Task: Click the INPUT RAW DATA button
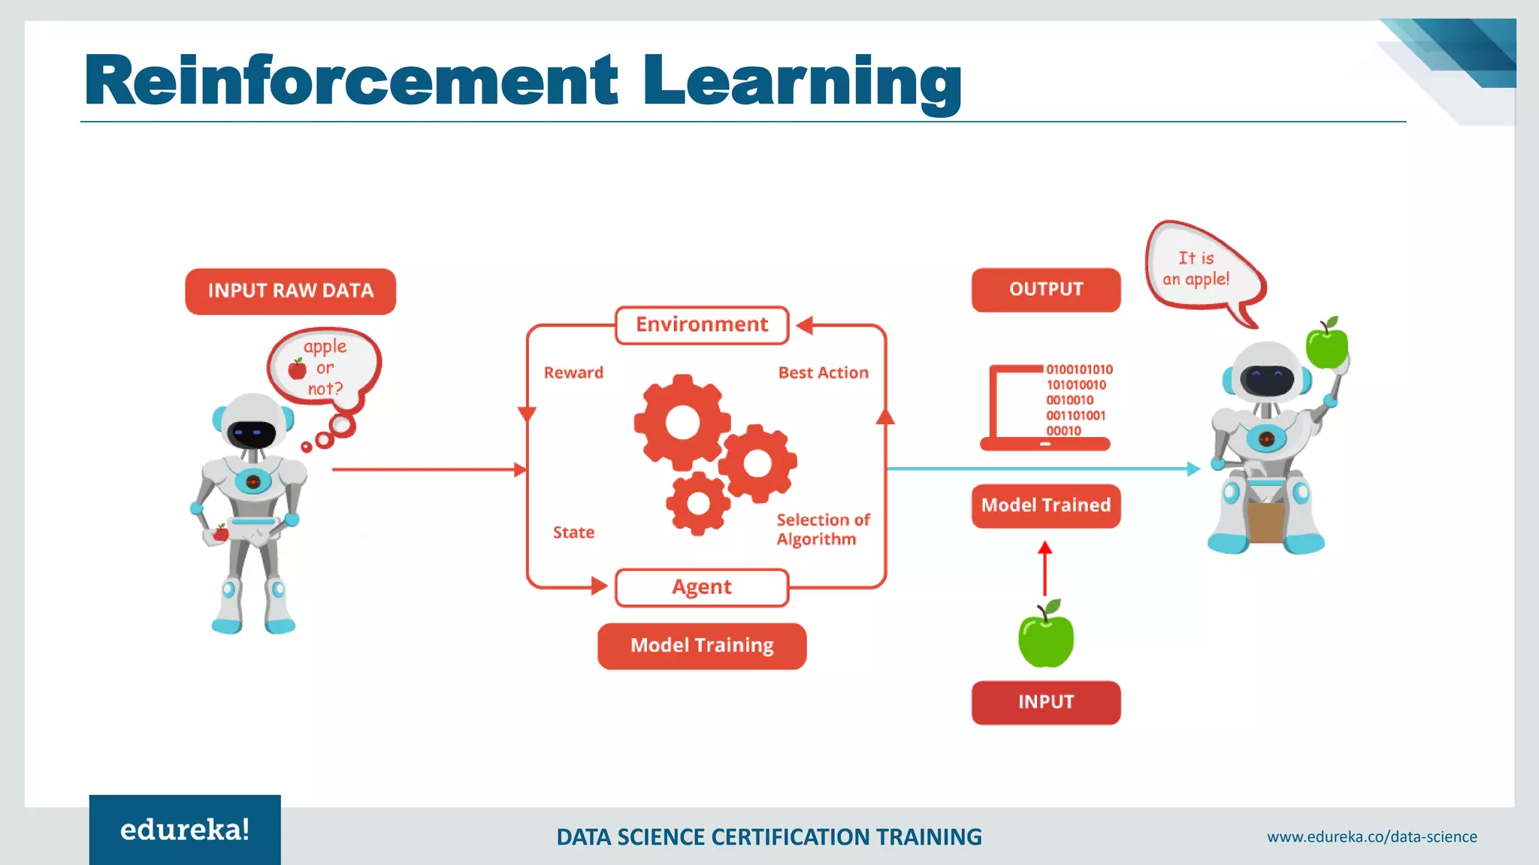pyautogui.click(x=290, y=291)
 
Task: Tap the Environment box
pyautogui.click(x=702, y=325)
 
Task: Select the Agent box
pyautogui.click(x=702, y=587)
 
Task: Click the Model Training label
pyautogui.click(x=702, y=646)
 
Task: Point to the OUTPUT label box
pyautogui.click(x=1045, y=290)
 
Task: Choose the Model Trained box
pyautogui.click(x=1045, y=505)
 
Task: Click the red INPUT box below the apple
pyautogui.click(x=1045, y=702)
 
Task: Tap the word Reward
pyautogui.click(x=573, y=372)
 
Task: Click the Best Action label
pyautogui.click(x=823, y=372)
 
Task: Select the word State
pyautogui.click(x=573, y=532)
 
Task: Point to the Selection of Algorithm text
pyautogui.click(x=822, y=529)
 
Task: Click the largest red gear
pyautogui.click(x=682, y=422)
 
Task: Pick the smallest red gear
pyautogui.click(x=698, y=503)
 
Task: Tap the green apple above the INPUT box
pyautogui.click(x=1045, y=637)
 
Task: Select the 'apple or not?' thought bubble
pyautogui.click(x=324, y=367)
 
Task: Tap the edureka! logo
pyautogui.click(x=185, y=830)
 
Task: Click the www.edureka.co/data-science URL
pyautogui.click(x=1371, y=836)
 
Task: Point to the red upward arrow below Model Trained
pyautogui.click(x=1045, y=569)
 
